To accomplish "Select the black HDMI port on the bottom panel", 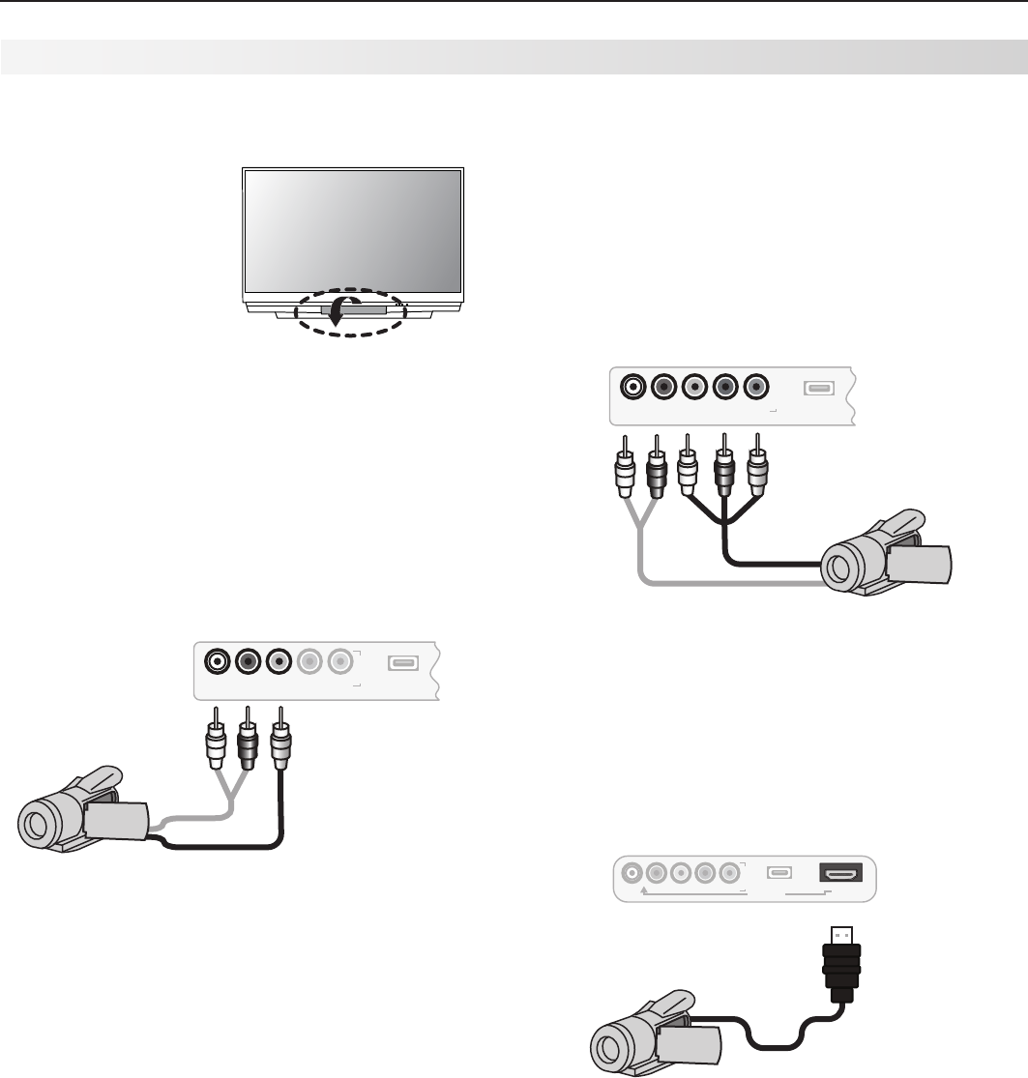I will [x=841, y=873].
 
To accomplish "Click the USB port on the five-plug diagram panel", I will [x=817, y=389].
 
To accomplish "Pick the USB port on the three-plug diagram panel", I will [x=402, y=663].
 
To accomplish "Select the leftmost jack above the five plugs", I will [x=631, y=388].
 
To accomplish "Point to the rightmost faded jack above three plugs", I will [x=338, y=663].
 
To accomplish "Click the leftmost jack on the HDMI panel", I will [x=632, y=874].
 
